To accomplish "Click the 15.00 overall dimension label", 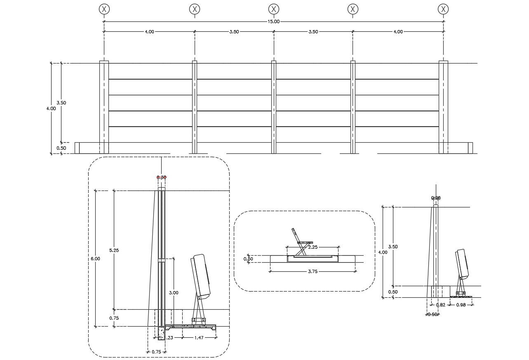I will [273, 22].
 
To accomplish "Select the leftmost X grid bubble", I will [104, 9].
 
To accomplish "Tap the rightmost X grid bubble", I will [443, 9].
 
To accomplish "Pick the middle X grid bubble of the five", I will [273, 9].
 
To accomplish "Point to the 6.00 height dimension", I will [95, 259].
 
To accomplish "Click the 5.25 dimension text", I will [114, 250].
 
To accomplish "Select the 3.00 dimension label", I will [174, 293].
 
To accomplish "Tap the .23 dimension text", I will [170, 338].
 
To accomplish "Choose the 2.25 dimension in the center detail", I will [312, 247].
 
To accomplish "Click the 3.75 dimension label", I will [312, 271].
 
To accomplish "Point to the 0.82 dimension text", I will [440, 305].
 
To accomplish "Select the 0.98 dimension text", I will [461, 305].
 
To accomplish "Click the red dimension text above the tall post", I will [161, 177].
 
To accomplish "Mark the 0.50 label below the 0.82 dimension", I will [432, 314].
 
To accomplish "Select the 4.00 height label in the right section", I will [383, 252].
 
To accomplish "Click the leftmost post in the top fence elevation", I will [104, 107].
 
